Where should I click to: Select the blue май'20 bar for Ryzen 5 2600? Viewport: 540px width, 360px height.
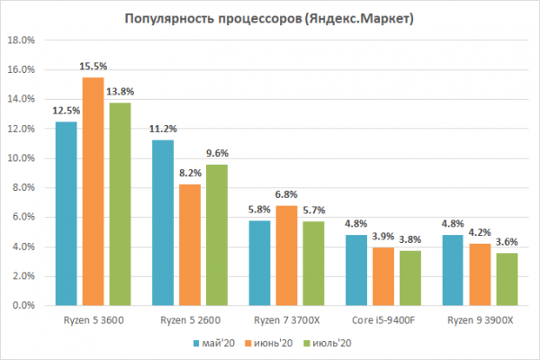[x=162, y=222]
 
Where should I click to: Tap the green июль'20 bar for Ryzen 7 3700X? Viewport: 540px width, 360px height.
[x=314, y=263]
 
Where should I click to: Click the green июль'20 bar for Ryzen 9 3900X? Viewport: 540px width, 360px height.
[x=507, y=279]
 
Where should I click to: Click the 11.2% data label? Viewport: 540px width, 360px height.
[x=162, y=129]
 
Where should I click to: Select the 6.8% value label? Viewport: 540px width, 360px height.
[x=286, y=193]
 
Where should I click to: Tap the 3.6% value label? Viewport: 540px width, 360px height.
[x=507, y=241]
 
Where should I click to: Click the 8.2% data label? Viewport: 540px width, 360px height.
[x=190, y=173]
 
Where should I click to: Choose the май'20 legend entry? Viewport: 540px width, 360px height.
[x=216, y=343]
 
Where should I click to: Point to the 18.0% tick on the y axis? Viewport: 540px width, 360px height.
[x=20, y=40]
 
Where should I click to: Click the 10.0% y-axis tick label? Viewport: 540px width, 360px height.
[x=20, y=158]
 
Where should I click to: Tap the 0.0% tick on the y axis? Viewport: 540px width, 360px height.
[x=22, y=305]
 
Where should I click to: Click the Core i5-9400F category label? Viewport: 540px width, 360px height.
[x=382, y=320]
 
